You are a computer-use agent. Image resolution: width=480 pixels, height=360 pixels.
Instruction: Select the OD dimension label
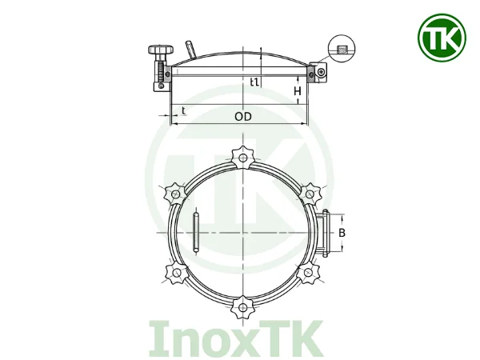244,117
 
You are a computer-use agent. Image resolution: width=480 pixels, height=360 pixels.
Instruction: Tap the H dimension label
298,93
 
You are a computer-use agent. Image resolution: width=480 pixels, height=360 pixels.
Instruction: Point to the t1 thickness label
254,81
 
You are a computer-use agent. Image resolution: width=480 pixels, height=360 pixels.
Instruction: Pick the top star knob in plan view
242,155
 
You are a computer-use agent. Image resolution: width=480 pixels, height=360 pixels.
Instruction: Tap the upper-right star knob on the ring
310,192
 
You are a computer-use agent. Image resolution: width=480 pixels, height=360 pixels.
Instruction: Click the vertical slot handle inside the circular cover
196,232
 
